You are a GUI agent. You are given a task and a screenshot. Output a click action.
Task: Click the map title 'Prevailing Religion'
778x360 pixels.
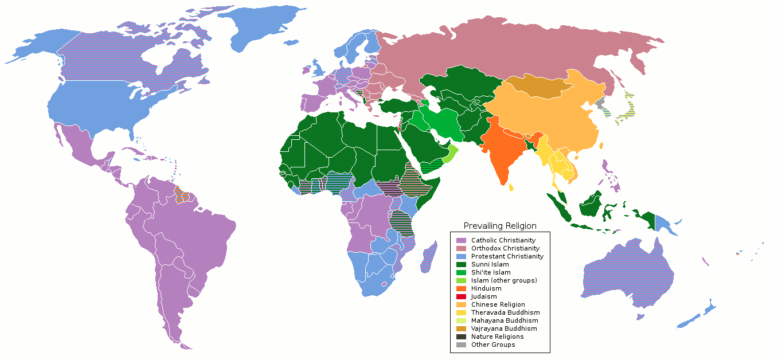(x=500, y=226)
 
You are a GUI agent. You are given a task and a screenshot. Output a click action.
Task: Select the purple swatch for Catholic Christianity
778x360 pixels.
(x=461, y=240)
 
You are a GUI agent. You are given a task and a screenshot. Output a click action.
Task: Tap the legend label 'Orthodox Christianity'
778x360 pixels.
(x=505, y=248)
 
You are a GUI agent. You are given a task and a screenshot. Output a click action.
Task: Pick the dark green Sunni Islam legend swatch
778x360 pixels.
(x=461, y=264)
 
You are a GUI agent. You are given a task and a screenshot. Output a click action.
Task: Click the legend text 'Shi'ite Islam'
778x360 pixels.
(x=490, y=272)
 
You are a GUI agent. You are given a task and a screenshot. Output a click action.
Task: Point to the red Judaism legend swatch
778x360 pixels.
(x=461, y=296)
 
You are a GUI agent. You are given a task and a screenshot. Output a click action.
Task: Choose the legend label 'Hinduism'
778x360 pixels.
(x=486, y=288)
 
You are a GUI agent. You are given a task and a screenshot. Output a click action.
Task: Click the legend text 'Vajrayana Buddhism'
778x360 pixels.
(x=504, y=328)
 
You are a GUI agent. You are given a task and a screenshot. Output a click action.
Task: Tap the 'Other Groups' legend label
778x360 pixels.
(x=493, y=345)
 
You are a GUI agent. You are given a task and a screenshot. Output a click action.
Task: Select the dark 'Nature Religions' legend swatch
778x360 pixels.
(x=461, y=336)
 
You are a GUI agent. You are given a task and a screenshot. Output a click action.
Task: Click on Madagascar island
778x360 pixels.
(x=427, y=258)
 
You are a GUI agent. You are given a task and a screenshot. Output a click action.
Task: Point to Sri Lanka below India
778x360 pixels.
(x=511, y=186)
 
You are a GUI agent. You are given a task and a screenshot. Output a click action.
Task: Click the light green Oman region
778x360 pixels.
(x=452, y=152)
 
